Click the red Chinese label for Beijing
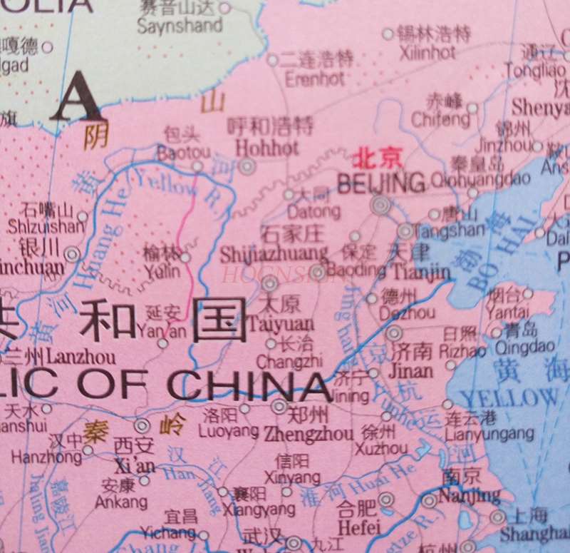[x=378, y=156]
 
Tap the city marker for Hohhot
[x=247, y=167]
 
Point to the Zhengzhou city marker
[x=279, y=407]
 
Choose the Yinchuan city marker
[x=72, y=254]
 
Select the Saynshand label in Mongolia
[x=180, y=26]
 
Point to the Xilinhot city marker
[x=388, y=34]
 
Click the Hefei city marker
[x=385, y=499]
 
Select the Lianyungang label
[x=489, y=433]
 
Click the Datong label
[x=314, y=212]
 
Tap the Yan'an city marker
[x=163, y=344]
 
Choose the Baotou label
[x=183, y=152]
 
